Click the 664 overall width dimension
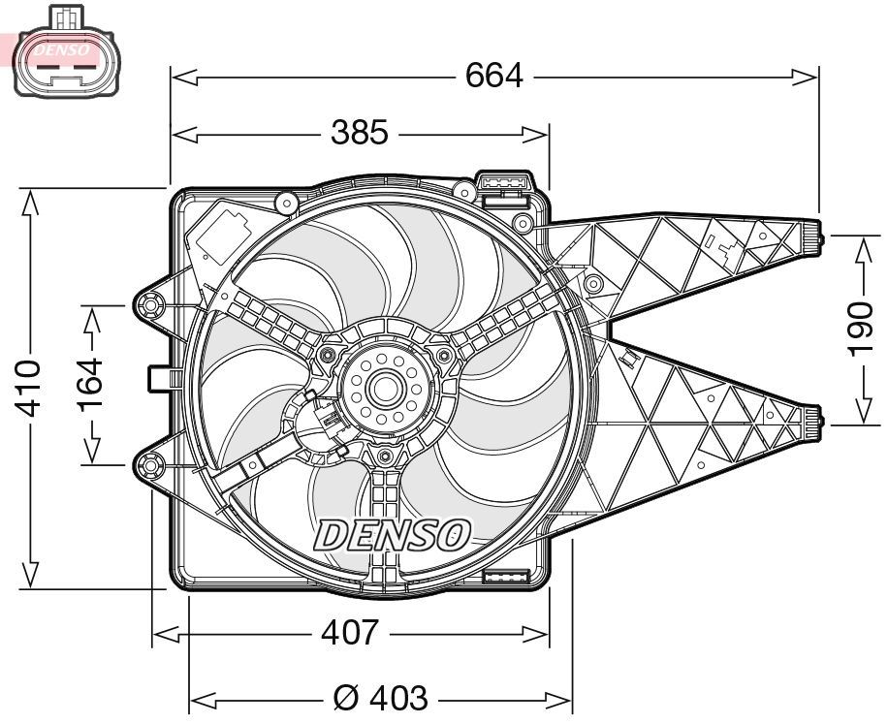pyautogui.click(x=493, y=75)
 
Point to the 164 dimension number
pyautogui.click(x=91, y=384)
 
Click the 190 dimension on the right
pyautogui.click(x=860, y=329)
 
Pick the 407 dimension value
pyautogui.click(x=349, y=633)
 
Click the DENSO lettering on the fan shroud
pyautogui.click(x=393, y=534)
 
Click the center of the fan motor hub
pyautogui.click(x=382, y=389)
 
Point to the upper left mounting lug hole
pyautogui.click(x=152, y=307)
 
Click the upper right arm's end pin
pyautogui.click(x=812, y=235)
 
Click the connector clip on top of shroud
pyautogui.click(x=504, y=184)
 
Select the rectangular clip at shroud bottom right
pyautogui.click(x=504, y=578)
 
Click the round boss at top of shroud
pyautogui.click(x=286, y=204)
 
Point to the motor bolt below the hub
pyautogui.click(x=385, y=456)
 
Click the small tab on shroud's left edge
pyautogui.click(x=160, y=377)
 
